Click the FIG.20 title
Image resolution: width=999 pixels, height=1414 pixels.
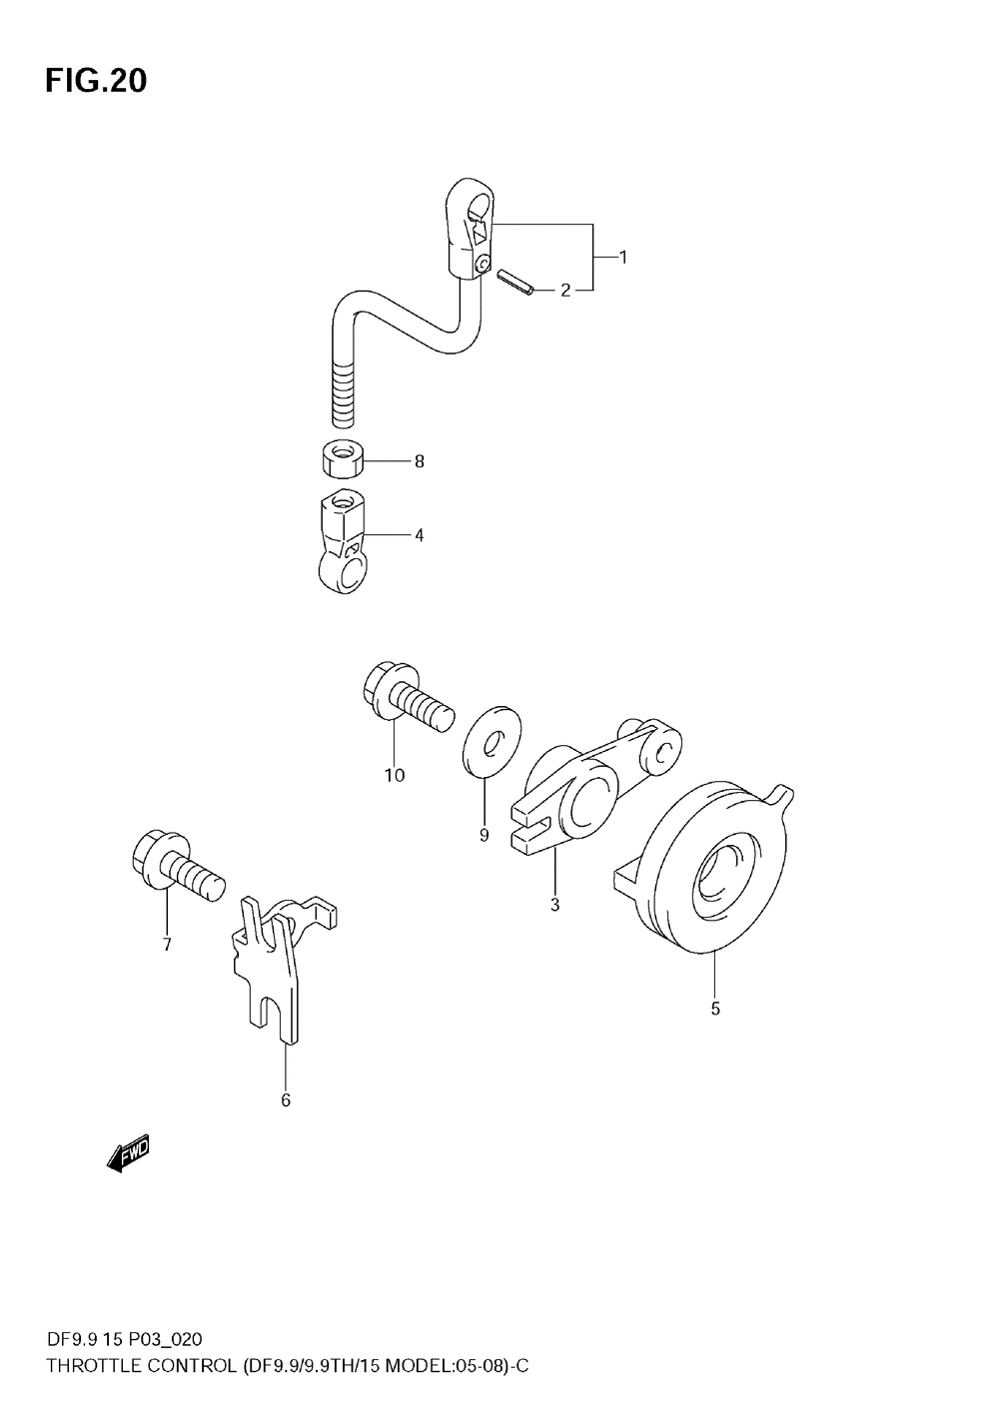pos(95,81)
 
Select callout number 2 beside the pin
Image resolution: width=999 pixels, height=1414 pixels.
pos(565,291)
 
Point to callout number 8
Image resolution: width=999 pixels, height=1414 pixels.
pos(420,461)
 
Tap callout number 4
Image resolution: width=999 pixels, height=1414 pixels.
pos(420,536)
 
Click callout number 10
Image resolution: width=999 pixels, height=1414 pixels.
pos(395,775)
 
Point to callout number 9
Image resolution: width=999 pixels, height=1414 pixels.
pos(484,835)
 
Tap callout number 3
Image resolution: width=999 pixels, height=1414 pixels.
pos(554,905)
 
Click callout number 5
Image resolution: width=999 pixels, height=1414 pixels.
pos(715,1009)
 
